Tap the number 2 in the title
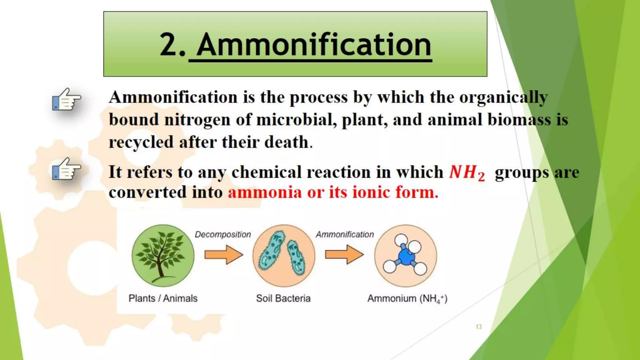[169, 45]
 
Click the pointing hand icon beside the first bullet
[66, 99]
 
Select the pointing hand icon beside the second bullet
[66, 169]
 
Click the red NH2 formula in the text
[467, 172]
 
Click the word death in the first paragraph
[287, 142]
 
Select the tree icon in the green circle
[163, 255]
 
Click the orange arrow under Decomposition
[223, 255]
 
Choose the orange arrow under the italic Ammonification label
[344, 255]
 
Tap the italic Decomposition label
[223, 234]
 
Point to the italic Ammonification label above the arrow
[345, 234]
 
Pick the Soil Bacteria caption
[283, 298]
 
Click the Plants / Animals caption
[163, 298]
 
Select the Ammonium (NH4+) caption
[407, 299]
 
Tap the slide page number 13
[479, 327]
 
